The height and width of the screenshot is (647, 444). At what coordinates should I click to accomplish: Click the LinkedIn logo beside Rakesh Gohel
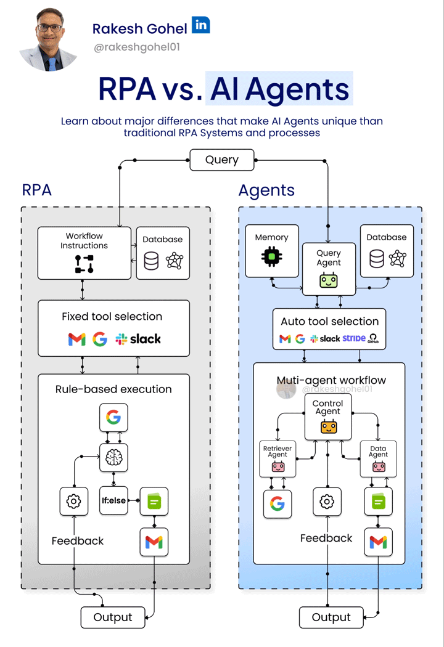(x=201, y=25)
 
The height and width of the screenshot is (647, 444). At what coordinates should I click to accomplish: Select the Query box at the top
(x=221, y=160)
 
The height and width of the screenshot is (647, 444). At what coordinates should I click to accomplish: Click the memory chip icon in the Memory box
(x=271, y=257)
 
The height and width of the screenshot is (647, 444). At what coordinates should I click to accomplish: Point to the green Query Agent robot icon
(x=328, y=281)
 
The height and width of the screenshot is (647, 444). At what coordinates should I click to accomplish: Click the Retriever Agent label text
(x=277, y=450)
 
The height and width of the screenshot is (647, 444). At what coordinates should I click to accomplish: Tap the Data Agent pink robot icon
(x=378, y=466)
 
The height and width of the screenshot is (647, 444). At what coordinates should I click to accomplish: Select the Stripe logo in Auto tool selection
(x=354, y=339)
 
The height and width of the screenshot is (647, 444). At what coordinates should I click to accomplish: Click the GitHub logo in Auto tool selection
(x=373, y=339)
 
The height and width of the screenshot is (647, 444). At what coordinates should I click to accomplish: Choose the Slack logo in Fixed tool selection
(x=138, y=339)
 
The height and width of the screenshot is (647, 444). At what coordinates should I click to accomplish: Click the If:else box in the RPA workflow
(x=113, y=501)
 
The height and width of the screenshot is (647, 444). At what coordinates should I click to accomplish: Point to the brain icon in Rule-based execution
(x=113, y=457)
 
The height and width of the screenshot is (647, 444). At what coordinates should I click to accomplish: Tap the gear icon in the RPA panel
(x=73, y=501)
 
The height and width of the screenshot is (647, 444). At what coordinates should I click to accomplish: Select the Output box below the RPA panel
(x=113, y=617)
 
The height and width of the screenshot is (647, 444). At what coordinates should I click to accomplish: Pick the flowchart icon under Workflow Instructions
(x=84, y=264)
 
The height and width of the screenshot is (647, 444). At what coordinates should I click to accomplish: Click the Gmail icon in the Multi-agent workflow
(x=378, y=542)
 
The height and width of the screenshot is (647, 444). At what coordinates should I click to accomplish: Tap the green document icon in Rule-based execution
(x=154, y=502)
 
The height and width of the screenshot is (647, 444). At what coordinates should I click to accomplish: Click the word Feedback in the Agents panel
(x=326, y=538)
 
